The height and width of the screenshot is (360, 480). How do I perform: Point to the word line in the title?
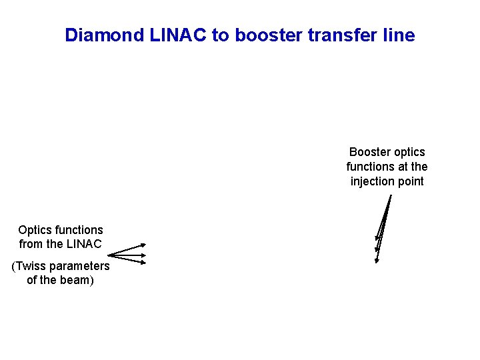tap(399, 35)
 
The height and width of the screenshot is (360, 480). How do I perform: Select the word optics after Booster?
tap(409, 152)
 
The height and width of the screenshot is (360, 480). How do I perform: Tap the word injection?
tap(373, 181)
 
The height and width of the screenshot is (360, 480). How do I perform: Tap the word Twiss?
tap(31, 266)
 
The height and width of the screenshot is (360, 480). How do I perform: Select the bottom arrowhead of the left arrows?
tap(143, 262)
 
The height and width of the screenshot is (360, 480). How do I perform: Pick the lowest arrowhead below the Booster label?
tap(377, 261)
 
